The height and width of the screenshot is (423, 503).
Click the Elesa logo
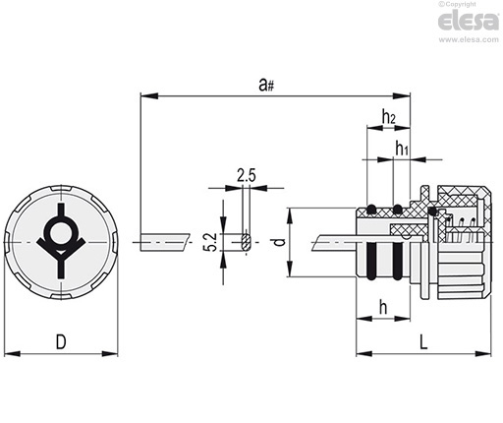coord(469,22)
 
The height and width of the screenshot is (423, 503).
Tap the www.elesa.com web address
coord(469,39)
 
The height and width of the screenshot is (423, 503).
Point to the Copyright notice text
coord(458,4)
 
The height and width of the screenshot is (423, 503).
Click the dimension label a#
coord(266,85)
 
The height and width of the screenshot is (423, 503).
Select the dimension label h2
coord(389,116)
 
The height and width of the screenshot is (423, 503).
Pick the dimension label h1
coord(402,148)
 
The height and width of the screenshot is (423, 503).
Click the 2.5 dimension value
coord(247,176)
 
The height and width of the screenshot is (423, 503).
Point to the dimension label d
coord(279,242)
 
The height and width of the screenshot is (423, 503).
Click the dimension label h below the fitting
coord(383,307)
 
